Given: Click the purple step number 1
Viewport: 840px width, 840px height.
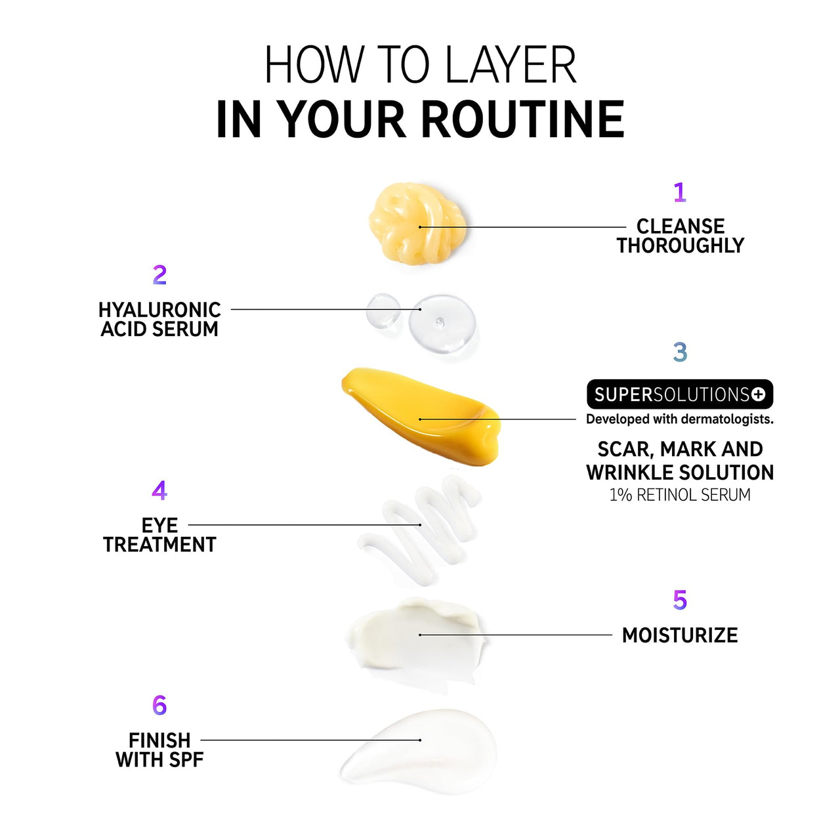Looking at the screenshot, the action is [680, 192].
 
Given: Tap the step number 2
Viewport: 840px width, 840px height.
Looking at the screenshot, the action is [159, 275].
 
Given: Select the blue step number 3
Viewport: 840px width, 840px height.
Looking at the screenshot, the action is [680, 352].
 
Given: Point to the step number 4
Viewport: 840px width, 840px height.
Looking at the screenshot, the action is [159, 490].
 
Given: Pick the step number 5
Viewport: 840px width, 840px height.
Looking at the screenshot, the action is [680, 600].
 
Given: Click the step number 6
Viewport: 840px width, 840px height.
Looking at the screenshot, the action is [159, 705].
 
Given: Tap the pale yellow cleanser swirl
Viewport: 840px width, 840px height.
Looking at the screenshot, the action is [417, 223].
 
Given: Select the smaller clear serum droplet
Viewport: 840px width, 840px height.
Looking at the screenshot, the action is [383, 310].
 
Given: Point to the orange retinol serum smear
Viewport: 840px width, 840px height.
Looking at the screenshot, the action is [421, 416].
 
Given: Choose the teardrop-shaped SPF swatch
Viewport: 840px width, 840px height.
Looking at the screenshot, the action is [419, 751].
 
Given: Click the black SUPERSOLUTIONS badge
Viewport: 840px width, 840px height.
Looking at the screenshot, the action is [680, 394].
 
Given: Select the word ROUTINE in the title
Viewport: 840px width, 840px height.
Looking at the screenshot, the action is [522, 119].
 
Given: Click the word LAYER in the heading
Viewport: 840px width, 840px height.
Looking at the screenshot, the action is [511, 64].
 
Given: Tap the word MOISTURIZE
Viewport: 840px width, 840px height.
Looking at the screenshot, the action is [680, 635].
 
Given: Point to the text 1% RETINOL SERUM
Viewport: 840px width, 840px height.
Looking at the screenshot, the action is [680, 495].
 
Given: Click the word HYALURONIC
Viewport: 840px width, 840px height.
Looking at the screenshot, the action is [159, 310].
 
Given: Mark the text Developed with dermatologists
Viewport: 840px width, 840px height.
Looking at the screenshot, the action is [680, 419].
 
